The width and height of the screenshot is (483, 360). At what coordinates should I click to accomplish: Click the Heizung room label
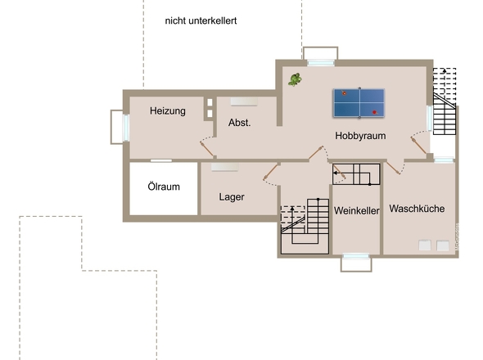click(x=168, y=111)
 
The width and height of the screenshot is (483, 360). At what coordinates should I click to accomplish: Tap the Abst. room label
click(x=240, y=123)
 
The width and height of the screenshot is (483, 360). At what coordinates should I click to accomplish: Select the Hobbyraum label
click(x=360, y=136)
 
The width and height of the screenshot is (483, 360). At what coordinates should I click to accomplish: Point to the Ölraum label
click(x=164, y=187)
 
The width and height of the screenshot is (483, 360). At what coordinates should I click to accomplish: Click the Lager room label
click(x=232, y=197)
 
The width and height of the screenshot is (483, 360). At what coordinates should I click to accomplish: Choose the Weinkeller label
click(x=356, y=210)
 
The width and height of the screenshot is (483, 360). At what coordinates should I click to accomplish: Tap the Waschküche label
click(x=417, y=209)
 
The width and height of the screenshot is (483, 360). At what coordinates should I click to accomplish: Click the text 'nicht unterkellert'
click(x=201, y=20)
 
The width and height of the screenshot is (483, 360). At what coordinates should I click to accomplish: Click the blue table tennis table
click(x=359, y=103)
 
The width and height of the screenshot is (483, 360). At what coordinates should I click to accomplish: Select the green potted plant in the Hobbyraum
click(x=295, y=79)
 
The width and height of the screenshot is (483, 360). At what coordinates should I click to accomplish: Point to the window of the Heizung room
click(x=125, y=128)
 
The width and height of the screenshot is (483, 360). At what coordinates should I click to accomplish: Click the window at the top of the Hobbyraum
click(x=321, y=63)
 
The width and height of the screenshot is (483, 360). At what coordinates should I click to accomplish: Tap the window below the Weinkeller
click(x=356, y=256)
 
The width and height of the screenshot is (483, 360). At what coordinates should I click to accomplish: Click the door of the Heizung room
click(x=206, y=149)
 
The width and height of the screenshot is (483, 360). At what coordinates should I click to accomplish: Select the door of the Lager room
click(x=270, y=172)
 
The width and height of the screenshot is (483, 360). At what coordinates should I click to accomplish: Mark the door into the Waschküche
click(x=393, y=169)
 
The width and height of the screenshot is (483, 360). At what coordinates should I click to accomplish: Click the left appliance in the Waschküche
click(x=425, y=245)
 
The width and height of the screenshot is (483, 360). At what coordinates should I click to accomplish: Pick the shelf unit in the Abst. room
click(x=244, y=101)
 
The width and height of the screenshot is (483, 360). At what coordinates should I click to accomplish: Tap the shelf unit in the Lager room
click(x=224, y=167)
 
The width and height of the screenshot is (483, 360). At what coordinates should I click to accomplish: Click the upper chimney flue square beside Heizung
click(x=210, y=102)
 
